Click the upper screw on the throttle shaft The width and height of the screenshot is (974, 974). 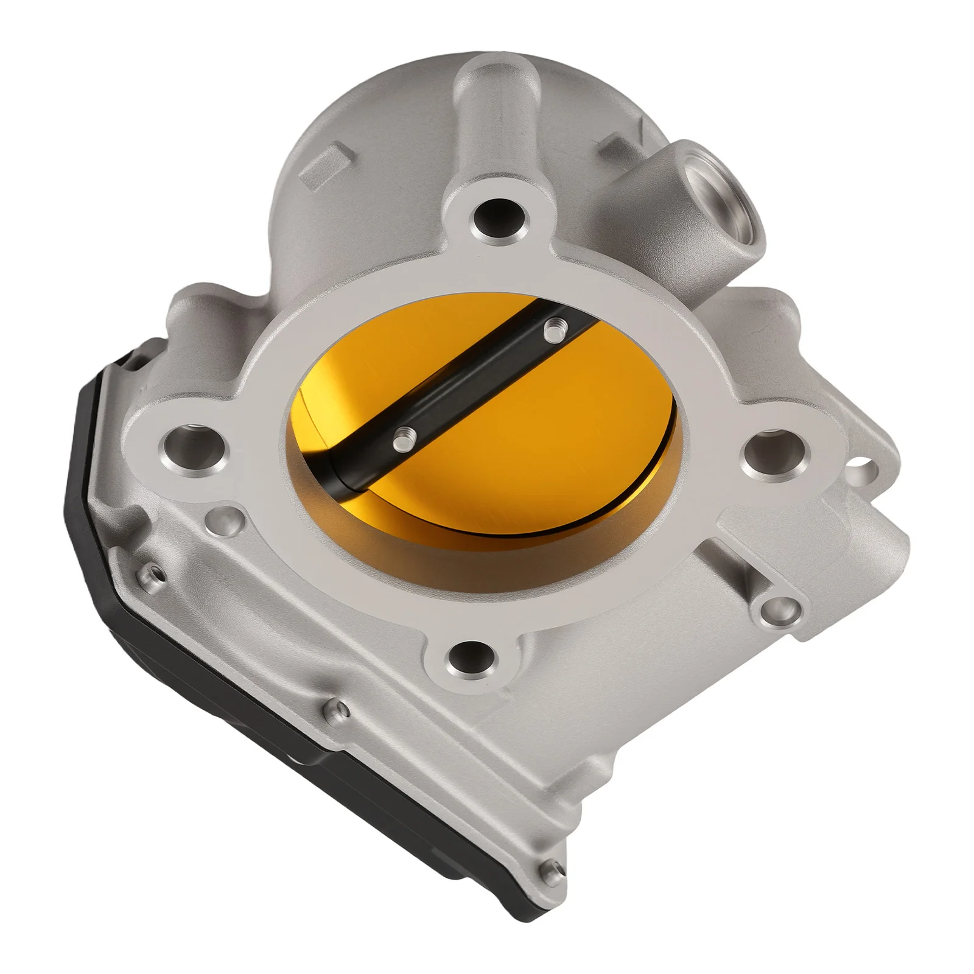point(552,331)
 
